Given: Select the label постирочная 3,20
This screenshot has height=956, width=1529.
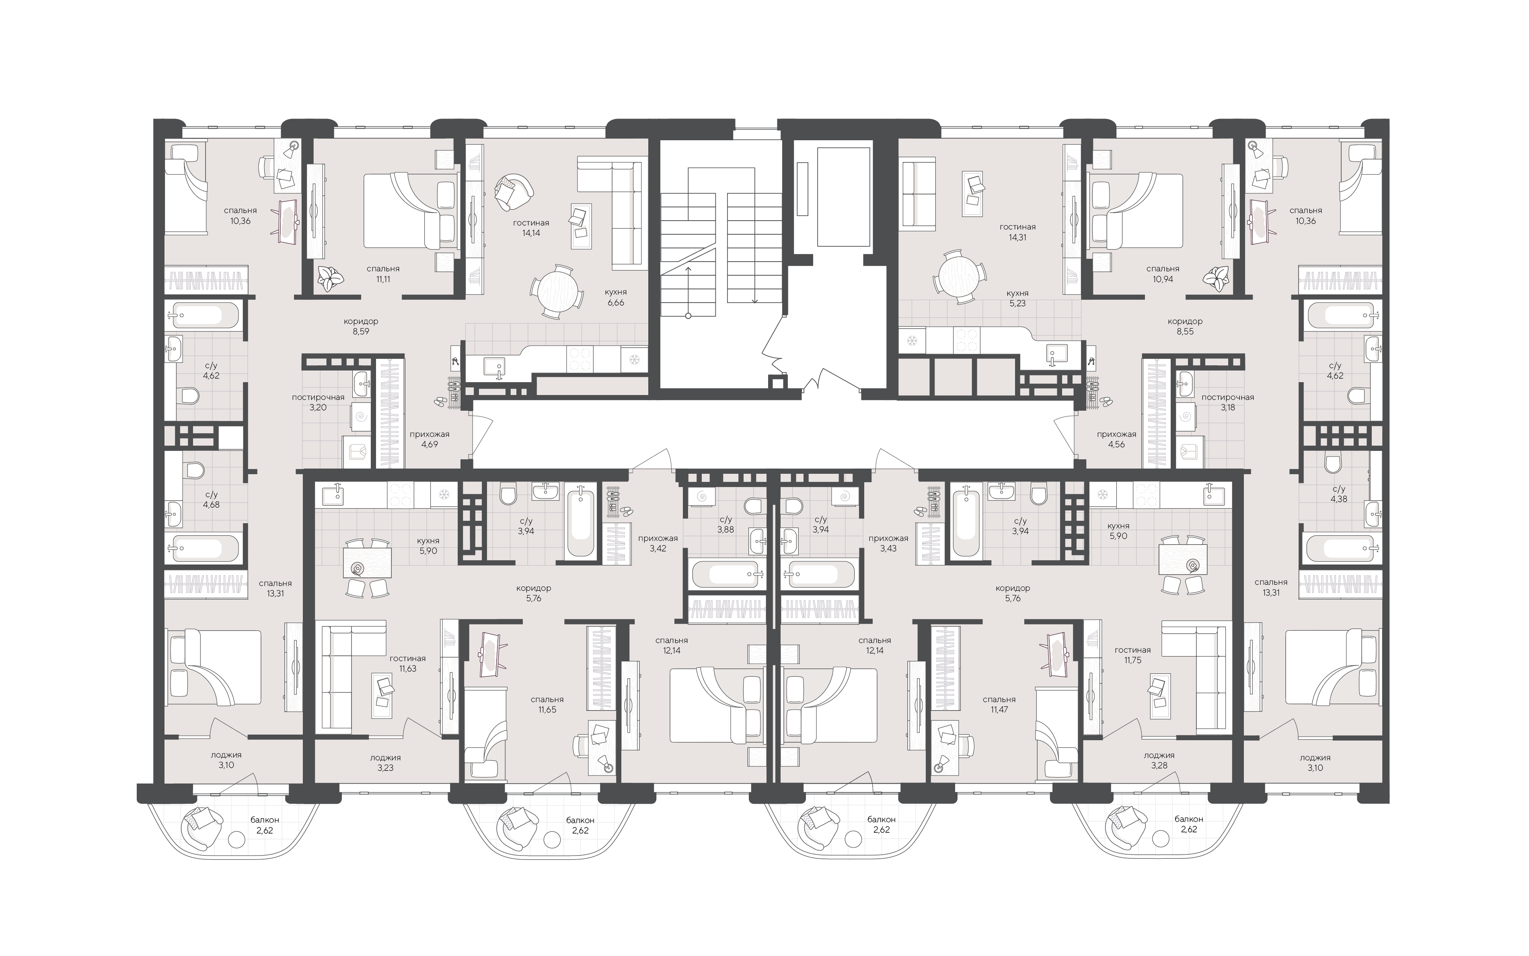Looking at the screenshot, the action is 318,402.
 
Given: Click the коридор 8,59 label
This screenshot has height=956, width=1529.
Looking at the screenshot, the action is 361,326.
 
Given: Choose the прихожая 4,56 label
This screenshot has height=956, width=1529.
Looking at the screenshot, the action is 1116,440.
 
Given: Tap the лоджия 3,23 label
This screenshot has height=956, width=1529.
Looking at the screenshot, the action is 385,763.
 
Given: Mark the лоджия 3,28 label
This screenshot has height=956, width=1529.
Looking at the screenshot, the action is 1159,760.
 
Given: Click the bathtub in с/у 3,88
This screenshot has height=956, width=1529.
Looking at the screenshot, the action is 725,574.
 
